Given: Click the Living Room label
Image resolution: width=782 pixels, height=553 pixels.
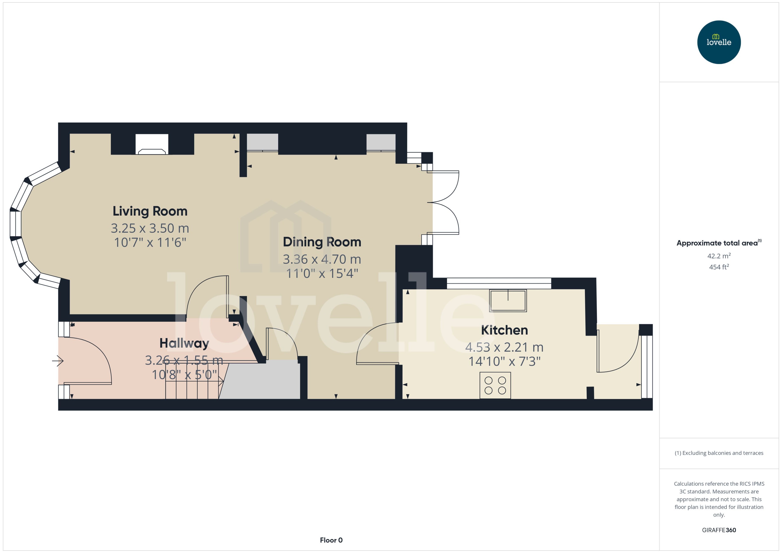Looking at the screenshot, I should tap(150, 211).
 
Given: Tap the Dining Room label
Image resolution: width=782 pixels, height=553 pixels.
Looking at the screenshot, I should tap(322, 242).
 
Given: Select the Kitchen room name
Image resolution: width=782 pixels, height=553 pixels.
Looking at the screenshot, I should tap(504, 330).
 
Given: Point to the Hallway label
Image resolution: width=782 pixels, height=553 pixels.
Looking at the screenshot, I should tap(184, 343).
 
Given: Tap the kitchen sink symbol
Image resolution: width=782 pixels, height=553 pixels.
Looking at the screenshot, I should tap(508, 300).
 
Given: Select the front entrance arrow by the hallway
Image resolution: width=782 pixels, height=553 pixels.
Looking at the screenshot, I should tap(58, 360).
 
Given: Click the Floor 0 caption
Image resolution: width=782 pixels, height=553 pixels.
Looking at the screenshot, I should tap(331, 540).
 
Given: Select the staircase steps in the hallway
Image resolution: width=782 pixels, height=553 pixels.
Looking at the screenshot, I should tap(193, 390).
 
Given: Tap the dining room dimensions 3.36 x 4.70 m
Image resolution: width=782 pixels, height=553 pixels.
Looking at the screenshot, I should tap(322, 259).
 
